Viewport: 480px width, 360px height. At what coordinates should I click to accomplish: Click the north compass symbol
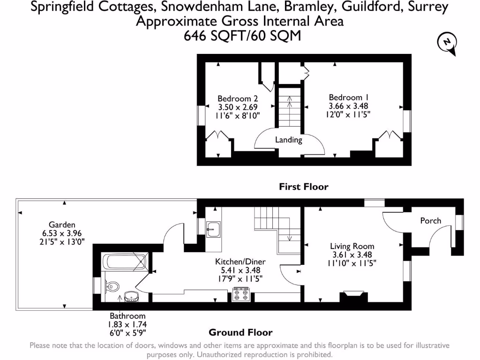(x=447, y=44)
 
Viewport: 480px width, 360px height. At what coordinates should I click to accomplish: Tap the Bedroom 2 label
(x=238, y=98)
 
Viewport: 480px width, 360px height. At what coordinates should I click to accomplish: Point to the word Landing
(x=289, y=140)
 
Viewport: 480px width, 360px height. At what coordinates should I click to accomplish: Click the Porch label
(x=430, y=220)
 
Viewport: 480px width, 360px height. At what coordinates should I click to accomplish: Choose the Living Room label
(x=352, y=246)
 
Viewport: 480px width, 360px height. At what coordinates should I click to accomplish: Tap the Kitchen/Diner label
(x=240, y=262)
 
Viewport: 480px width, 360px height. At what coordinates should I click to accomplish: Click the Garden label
(x=62, y=225)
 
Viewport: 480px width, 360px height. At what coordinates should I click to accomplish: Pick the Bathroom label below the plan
(x=127, y=316)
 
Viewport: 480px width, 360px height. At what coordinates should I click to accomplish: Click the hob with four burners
(x=241, y=295)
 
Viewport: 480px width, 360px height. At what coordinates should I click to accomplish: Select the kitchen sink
(x=213, y=230)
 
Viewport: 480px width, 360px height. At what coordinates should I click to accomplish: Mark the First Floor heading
(x=304, y=187)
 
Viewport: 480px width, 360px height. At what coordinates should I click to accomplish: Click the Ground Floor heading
(x=240, y=332)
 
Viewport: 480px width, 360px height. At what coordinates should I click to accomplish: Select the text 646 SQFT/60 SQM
(x=242, y=36)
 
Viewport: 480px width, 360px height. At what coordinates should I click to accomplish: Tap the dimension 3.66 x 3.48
(x=348, y=106)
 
